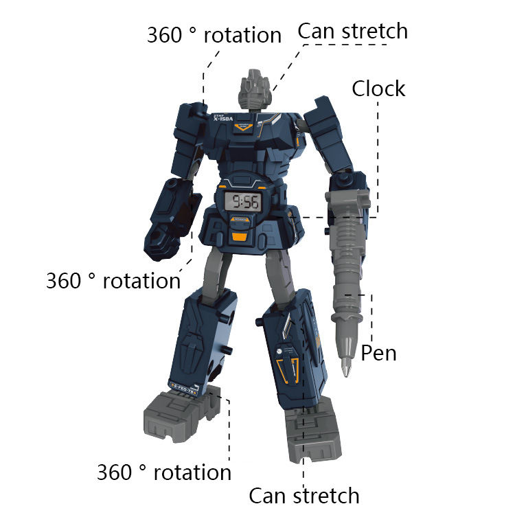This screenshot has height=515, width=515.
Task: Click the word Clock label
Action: (378, 89)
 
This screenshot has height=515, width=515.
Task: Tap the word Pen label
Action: (378, 353)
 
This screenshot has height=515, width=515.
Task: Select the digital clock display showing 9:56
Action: (244, 202)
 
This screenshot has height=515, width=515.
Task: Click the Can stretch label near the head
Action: (352, 31)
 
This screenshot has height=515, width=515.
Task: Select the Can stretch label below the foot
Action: (304, 495)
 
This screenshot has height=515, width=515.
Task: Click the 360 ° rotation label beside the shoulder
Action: (214, 35)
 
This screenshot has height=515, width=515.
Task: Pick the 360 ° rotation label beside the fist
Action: (113, 281)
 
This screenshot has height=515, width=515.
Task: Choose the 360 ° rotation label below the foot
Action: (163, 472)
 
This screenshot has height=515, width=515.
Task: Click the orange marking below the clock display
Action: (239, 237)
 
